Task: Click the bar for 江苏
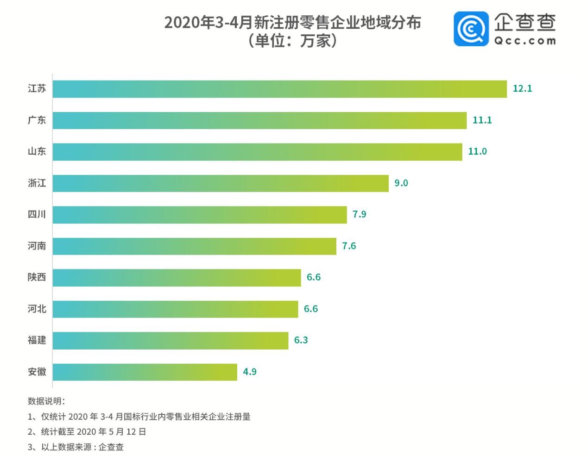[279, 89]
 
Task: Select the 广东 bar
[259, 120]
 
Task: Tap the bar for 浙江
[221, 183]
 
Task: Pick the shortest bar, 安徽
[145, 372]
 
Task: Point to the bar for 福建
[170, 341]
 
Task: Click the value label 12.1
[522, 88]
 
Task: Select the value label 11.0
[477, 151]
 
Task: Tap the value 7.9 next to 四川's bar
[359, 214]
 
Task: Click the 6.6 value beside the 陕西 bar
[313, 277]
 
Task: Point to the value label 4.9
[250, 372]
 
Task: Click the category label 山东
[37, 151]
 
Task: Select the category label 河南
[37, 246]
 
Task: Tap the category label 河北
[37, 309]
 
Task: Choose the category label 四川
[37, 214]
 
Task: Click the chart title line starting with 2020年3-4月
[292, 22]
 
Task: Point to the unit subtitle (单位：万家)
[292, 41]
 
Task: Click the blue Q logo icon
[471, 29]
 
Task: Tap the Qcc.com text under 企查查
[524, 41]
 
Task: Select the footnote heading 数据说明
[46, 401]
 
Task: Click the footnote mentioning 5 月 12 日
[87, 432]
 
